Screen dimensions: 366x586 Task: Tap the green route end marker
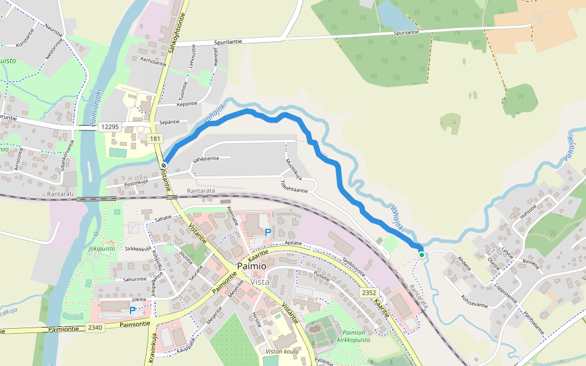(x=421, y=254)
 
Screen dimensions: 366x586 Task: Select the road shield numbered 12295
(x=110, y=126)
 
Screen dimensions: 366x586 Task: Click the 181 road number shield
(x=154, y=140)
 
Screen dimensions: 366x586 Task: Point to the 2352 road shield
(x=369, y=293)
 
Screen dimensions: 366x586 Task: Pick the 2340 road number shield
(x=95, y=328)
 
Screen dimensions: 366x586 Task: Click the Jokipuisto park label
(x=101, y=249)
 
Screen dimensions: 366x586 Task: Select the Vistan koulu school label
(x=282, y=351)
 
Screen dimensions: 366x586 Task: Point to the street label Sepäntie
(x=169, y=122)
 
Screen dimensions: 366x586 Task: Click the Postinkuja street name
(x=137, y=182)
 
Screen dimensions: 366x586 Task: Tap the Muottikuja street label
(x=294, y=169)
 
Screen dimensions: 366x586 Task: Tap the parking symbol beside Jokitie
(x=132, y=310)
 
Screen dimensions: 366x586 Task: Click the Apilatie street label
(x=294, y=243)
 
